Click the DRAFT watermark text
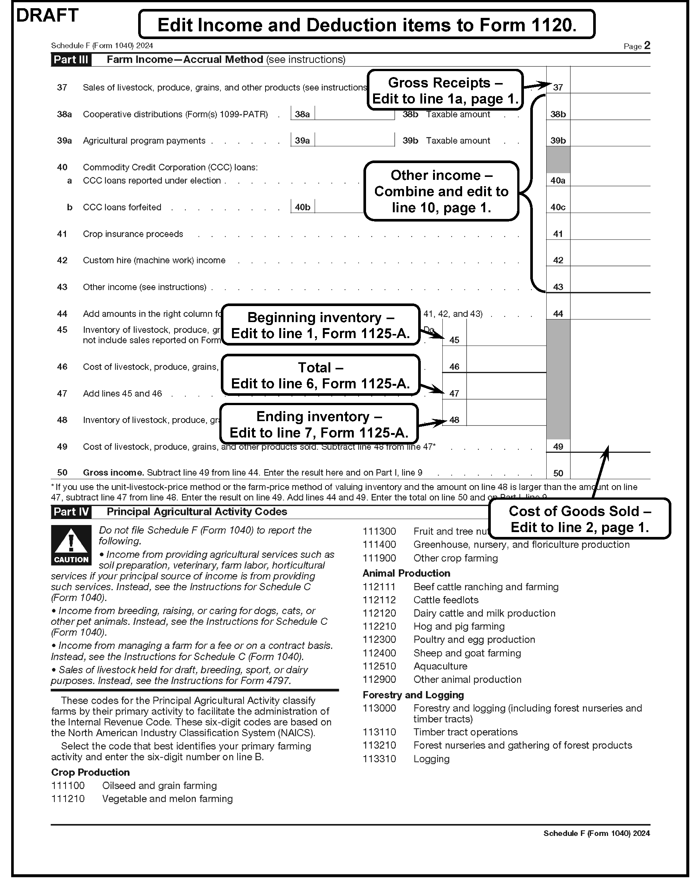(x=47, y=16)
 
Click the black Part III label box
(x=71, y=60)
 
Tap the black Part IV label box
(x=71, y=512)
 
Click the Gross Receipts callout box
(x=445, y=90)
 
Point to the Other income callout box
(x=441, y=191)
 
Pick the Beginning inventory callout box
(x=321, y=325)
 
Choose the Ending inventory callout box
(x=319, y=424)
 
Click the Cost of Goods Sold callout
(x=579, y=519)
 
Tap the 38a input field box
(x=354, y=114)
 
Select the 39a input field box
(x=354, y=140)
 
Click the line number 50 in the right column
(x=558, y=473)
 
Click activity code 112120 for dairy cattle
(x=379, y=613)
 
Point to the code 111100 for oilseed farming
(x=68, y=786)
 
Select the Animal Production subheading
(x=406, y=573)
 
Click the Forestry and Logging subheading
(x=413, y=695)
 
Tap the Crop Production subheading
(x=90, y=772)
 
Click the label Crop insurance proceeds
(x=133, y=234)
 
